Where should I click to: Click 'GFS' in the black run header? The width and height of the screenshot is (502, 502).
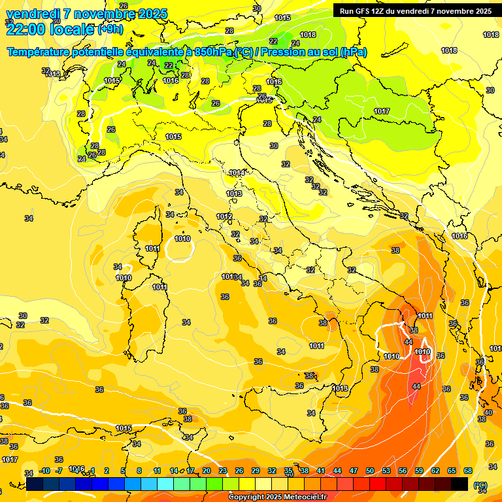[363, 11]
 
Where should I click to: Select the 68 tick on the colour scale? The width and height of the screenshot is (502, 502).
[468, 471]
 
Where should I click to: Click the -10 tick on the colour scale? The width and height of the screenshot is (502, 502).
[44, 471]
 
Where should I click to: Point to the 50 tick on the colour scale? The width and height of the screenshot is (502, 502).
[370, 471]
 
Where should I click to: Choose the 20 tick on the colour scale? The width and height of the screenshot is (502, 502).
[207, 471]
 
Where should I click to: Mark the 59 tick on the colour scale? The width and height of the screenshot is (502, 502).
[419, 471]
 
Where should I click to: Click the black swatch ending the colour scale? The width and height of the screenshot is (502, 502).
[460, 483]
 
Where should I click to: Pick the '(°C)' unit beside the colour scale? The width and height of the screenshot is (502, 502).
[480, 484]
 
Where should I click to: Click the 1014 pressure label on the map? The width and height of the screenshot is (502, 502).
[237, 173]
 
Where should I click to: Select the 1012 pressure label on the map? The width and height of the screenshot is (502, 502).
[224, 216]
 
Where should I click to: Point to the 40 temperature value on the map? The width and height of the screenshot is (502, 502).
[488, 412]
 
